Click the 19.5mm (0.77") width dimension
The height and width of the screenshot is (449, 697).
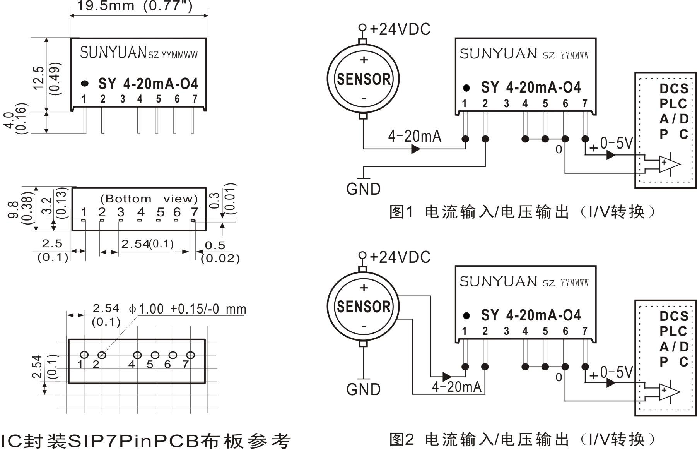pyautogui.click(x=135, y=6)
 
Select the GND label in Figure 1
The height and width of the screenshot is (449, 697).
pyautogui.click(x=363, y=189)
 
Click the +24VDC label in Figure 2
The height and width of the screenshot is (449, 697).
pyautogui.click(x=400, y=257)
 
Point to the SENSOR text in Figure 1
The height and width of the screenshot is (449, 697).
pyautogui.click(x=364, y=79)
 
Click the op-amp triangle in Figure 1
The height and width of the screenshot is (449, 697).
pyautogui.click(x=668, y=163)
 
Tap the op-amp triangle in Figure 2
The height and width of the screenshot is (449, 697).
pyautogui.click(x=668, y=391)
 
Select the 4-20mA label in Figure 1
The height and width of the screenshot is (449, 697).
pyautogui.click(x=414, y=136)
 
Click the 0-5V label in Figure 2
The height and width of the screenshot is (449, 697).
pyautogui.click(x=616, y=372)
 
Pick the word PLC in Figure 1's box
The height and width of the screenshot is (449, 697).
pyautogui.click(x=673, y=104)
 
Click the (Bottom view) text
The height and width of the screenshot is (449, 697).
pyautogui.click(x=149, y=199)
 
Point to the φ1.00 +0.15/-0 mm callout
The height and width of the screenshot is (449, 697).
pyautogui.click(x=188, y=309)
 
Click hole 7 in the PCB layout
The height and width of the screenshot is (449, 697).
pyautogui.click(x=190, y=355)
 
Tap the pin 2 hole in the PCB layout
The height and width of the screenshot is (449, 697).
pyautogui.click(x=102, y=355)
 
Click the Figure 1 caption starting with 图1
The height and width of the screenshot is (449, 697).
pyautogui.click(x=522, y=212)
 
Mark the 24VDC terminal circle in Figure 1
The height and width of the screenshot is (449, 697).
pyautogui.click(x=362, y=27)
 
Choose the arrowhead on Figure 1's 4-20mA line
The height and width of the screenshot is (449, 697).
pyautogui.click(x=415, y=149)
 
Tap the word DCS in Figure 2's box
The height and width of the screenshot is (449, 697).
pyautogui.click(x=673, y=316)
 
